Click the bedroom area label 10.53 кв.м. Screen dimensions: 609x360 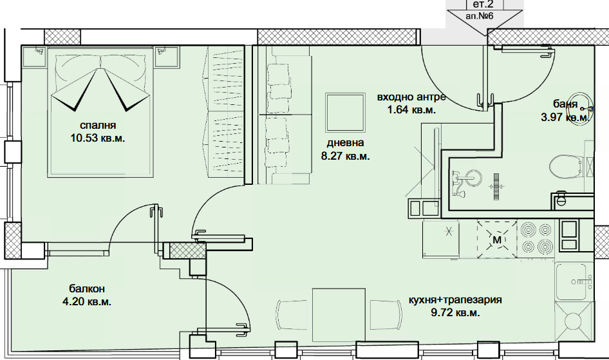[98, 138]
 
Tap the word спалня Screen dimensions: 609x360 [98, 126]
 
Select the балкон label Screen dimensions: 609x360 [87, 289]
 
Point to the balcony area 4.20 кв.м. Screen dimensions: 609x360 [87, 302]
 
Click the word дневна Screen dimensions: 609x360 [345, 143]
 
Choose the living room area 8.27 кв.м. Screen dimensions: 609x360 [345, 156]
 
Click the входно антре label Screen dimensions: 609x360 [411, 97]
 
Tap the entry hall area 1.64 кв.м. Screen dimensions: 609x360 [411, 110]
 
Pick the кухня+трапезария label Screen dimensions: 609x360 [455, 300]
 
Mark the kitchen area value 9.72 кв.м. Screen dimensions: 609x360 [455, 313]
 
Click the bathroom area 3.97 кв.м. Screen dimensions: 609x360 [565, 117]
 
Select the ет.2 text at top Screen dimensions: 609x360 [484, 5]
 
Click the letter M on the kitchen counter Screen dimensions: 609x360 [497, 240]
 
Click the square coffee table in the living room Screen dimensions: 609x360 [345, 112]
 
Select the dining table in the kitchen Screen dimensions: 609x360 [339, 314]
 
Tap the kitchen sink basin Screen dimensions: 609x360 [571, 281]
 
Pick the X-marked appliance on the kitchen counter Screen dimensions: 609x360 [449, 232]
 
